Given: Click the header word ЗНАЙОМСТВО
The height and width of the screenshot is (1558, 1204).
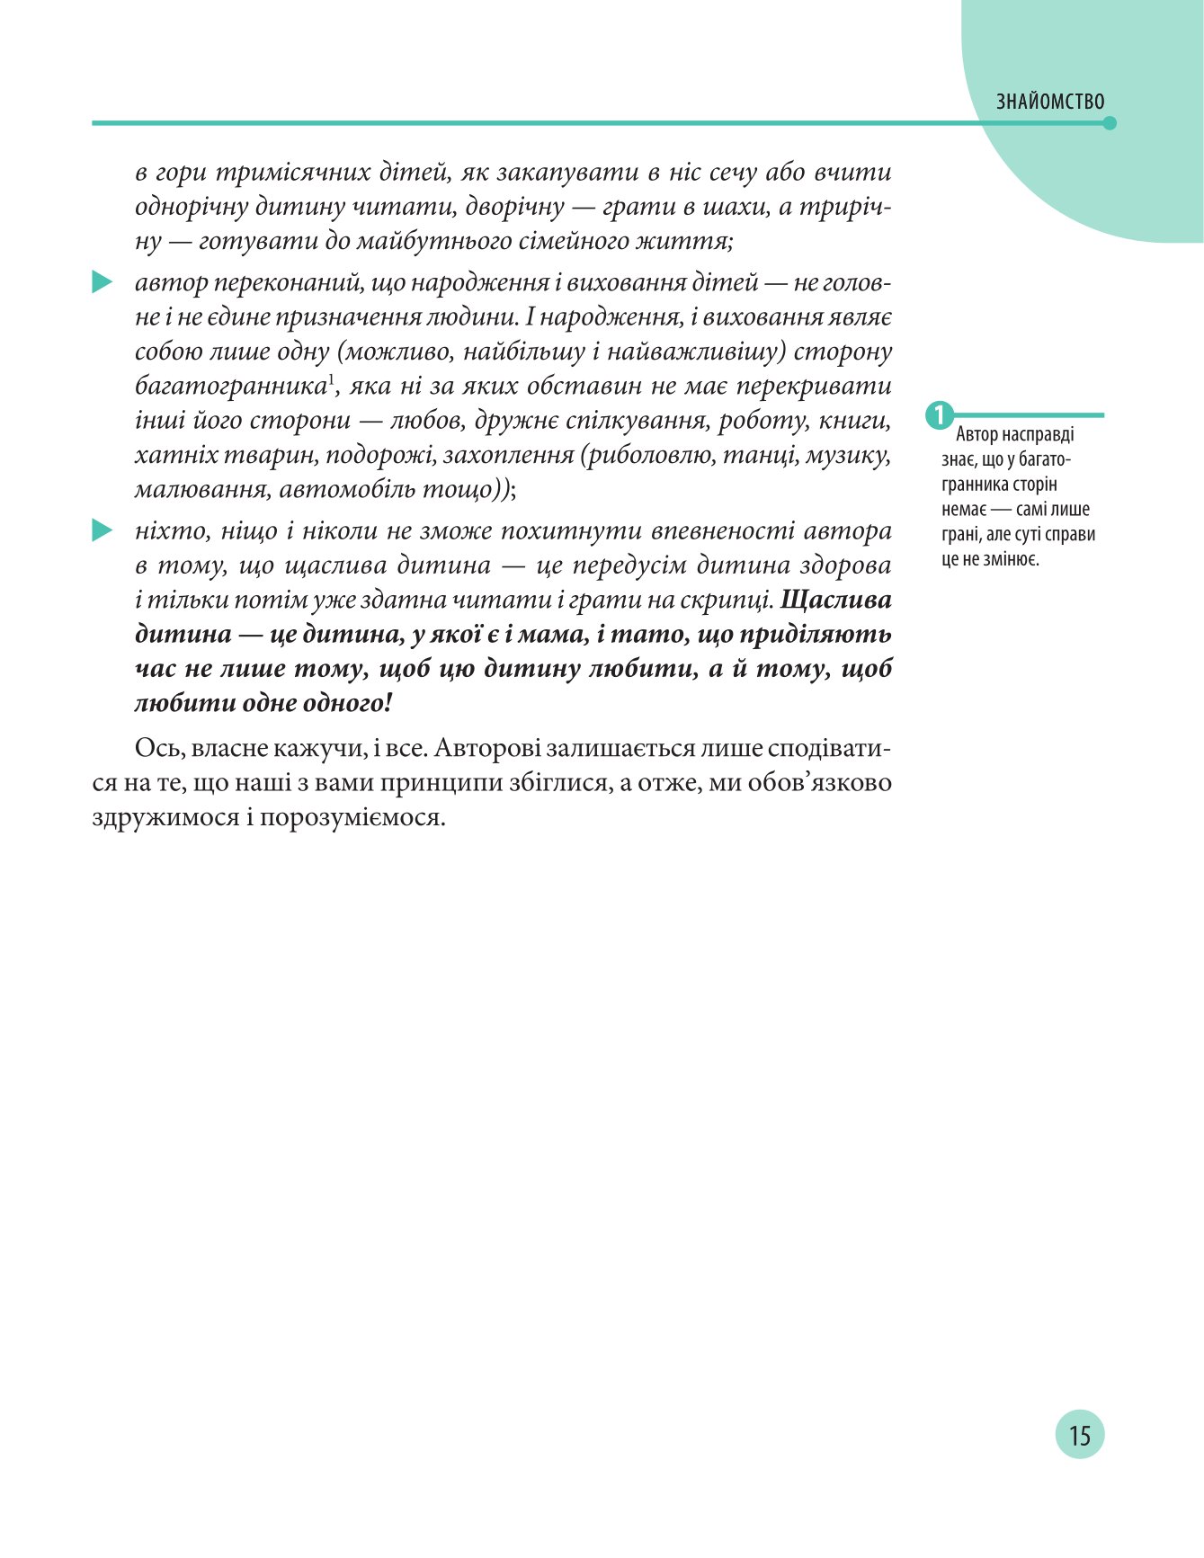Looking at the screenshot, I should [x=1049, y=102].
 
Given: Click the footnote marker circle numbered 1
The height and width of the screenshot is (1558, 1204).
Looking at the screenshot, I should [x=939, y=415].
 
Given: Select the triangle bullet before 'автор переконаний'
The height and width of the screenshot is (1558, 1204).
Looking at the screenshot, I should [x=102, y=283].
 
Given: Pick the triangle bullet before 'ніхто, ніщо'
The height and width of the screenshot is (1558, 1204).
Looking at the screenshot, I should [x=102, y=531].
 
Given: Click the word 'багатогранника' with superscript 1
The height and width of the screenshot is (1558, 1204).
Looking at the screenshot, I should [x=229, y=387].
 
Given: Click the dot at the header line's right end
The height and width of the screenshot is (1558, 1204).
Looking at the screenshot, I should [x=1110, y=123].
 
